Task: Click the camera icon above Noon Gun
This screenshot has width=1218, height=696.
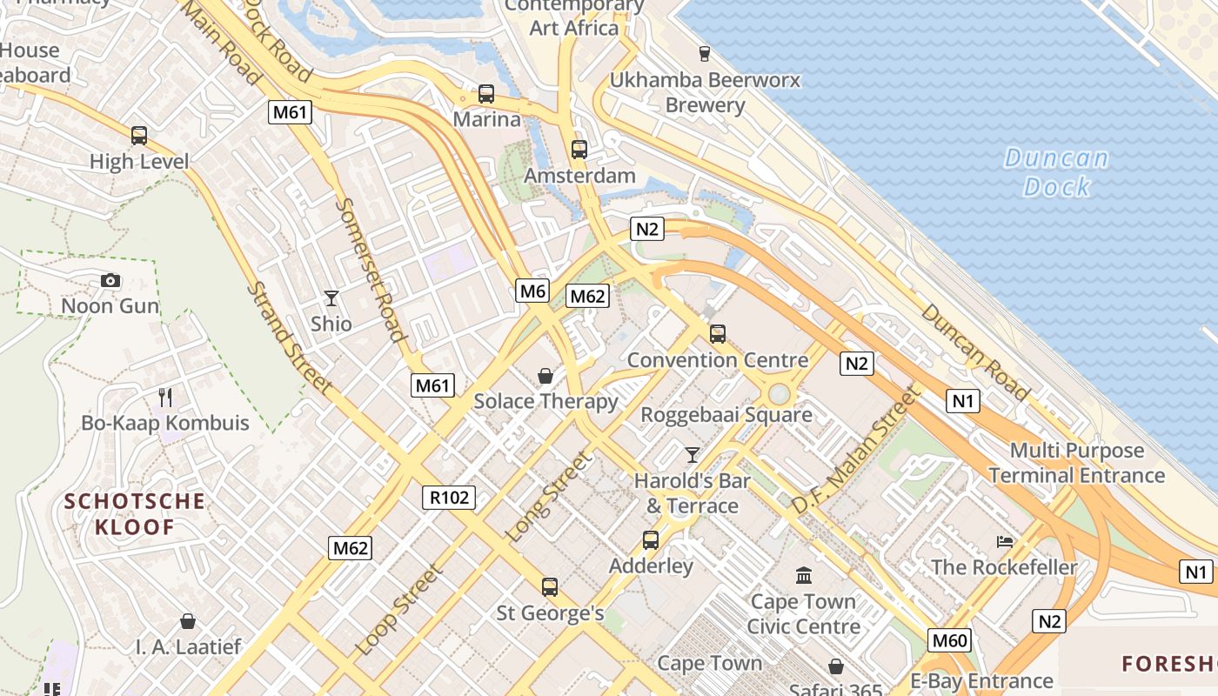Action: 110,280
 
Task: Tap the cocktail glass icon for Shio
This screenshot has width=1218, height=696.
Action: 331,298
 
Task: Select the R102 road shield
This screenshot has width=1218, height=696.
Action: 449,498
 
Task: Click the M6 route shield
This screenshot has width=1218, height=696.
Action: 532,291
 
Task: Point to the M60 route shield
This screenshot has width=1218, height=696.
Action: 949,641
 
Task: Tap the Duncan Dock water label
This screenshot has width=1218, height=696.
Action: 1056,172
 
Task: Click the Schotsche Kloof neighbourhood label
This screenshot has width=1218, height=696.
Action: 135,513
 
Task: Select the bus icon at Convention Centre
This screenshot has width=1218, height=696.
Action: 718,333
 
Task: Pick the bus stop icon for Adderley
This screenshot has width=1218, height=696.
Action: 651,539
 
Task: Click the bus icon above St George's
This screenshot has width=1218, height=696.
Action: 550,586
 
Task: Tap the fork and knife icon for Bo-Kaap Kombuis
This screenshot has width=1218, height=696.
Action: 165,398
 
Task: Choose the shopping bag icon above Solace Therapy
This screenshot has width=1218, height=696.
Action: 545,376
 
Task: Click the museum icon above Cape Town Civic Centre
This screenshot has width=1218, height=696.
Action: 804,575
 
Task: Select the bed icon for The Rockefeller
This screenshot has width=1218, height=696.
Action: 1005,541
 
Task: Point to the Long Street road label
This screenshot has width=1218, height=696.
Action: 549,497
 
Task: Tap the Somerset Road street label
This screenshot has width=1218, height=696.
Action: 371,270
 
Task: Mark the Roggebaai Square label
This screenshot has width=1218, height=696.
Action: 726,415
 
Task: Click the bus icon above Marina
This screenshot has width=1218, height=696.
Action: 486,93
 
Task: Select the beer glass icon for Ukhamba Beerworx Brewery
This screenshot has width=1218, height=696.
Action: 704,54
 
